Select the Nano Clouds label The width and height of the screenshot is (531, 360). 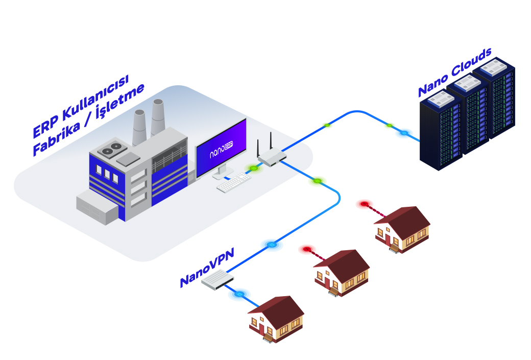(454, 73)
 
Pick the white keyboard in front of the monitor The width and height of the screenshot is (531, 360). (234, 183)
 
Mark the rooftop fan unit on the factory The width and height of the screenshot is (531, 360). (110, 150)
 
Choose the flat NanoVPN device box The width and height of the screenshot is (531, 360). (217, 280)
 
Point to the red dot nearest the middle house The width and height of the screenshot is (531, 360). (307, 249)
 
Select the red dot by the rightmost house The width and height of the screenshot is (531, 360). (364, 204)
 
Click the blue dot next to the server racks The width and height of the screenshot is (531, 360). (404, 133)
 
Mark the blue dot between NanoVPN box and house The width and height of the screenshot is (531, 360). (238, 294)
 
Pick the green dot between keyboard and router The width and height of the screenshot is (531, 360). (253, 168)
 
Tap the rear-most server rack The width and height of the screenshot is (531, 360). (494, 97)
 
